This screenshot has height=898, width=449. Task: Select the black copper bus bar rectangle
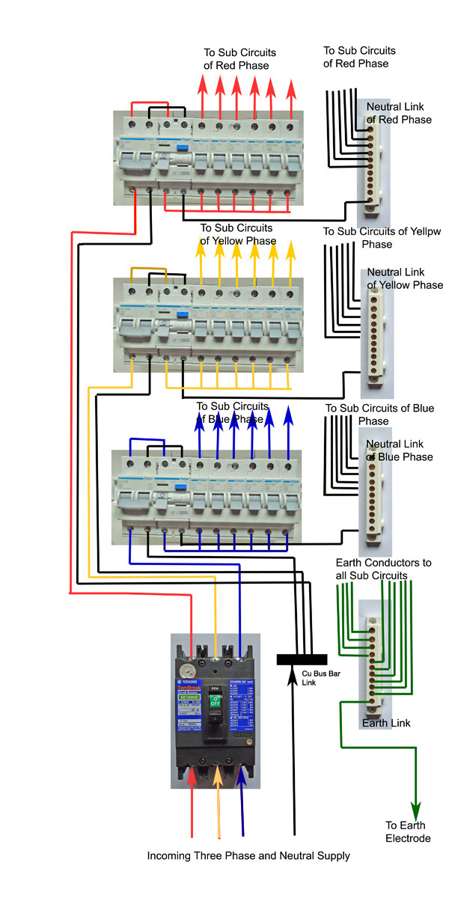pos(302,659)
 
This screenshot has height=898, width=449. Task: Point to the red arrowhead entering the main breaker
pos(193,778)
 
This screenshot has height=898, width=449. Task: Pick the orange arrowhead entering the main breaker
pos(218,778)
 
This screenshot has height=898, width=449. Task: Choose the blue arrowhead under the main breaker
pos(242,778)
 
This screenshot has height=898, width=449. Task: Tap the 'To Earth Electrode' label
pos(408,831)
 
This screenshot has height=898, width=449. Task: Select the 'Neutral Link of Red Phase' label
pos(399,114)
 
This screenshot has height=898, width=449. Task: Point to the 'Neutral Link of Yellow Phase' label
pos(405,279)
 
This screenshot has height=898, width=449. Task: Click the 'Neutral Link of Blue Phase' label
pos(399,450)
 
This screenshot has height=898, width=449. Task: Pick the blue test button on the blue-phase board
pos(180,487)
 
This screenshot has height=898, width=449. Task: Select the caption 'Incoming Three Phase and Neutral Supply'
pos(248,855)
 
